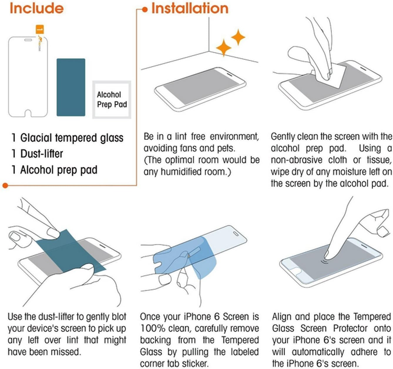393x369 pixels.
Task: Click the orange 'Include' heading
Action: click(x=37, y=8)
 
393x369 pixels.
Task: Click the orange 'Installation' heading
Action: click(x=190, y=9)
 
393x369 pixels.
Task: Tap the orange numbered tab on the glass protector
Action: click(x=40, y=30)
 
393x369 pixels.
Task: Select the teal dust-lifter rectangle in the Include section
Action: click(x=71, y=87)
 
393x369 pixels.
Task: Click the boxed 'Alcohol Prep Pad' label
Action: click(x=112, y=100)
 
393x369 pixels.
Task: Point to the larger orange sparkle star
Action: click(x=224, y=48)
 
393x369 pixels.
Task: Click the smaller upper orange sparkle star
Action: click(x=238, y=37)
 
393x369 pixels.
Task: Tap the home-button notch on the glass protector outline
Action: click(x=28, y=114)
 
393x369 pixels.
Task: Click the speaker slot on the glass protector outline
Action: click(x=28, y=40)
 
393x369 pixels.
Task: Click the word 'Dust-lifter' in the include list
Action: click(x=42, y=154)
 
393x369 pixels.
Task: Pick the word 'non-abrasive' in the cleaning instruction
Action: click(x=297, y=160)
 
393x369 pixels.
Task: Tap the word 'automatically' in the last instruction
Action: click(x=318, y=352)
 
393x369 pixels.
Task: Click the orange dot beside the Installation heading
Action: click(x=145, y=9)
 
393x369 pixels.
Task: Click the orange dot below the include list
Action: click(x=5, y=185)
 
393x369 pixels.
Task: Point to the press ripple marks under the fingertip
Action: click(x=325, y=262)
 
